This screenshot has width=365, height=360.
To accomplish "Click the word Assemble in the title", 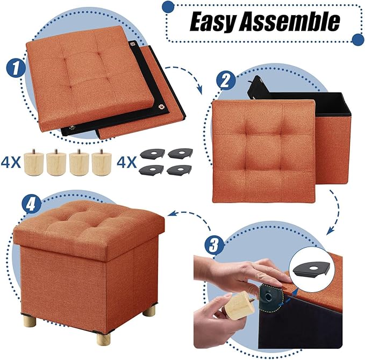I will (290, 22).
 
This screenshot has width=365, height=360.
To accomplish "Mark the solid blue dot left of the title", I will (168, 6).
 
